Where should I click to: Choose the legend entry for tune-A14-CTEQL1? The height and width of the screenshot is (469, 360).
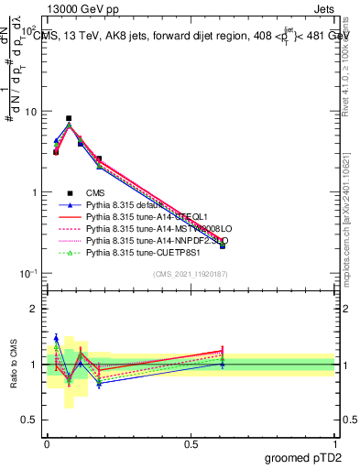[x=147, y=217]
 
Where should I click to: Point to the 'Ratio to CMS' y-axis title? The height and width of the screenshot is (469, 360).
[x=14, y=365]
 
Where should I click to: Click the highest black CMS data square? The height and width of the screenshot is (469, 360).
[x=69, y=118]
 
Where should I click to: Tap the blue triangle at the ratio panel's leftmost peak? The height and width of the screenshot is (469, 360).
[x=56, y=338]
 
